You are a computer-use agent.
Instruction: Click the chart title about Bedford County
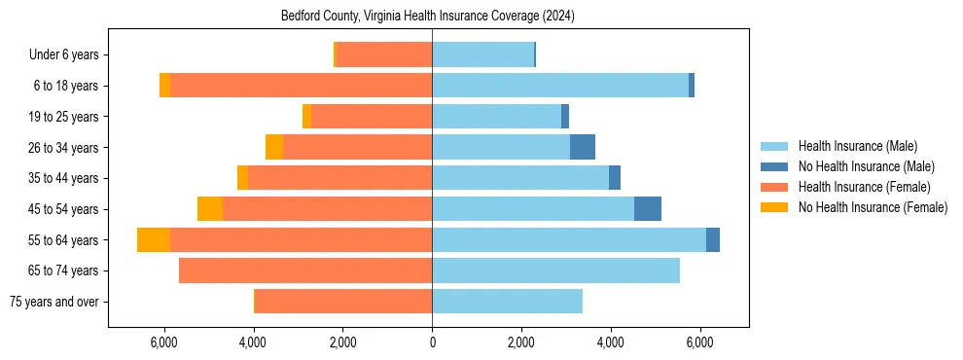coord(429,17)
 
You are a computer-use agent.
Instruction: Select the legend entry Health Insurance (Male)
coord(857,146)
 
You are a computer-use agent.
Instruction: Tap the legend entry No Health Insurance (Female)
coord(873,207)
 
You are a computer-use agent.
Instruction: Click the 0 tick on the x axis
coord(432,342)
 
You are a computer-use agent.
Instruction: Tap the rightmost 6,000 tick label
coord(699,342)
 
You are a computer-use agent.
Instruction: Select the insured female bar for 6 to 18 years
coord(302,86)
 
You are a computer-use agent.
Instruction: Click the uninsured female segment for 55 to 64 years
coord(154,240)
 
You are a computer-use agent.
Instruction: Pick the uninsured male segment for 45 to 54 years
coord(648,209)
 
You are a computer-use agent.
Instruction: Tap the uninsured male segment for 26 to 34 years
coord(583,148)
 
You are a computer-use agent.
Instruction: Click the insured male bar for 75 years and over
coord(507,302)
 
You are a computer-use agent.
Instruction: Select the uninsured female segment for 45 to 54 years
coord(210,209)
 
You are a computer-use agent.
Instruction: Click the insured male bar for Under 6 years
coord(482,55)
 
